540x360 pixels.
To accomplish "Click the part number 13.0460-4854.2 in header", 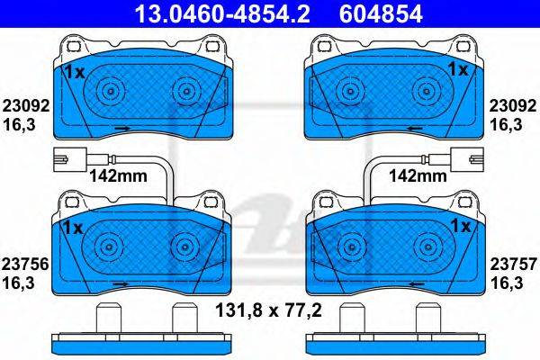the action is [x=222, y=13].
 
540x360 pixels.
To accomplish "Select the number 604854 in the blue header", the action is [x=381, y=13].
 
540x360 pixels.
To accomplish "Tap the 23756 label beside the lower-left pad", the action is [x=25, y=265].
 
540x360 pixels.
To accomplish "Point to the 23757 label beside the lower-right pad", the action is [x=514, y=265].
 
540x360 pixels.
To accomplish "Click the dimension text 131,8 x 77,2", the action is [x=268, y=310].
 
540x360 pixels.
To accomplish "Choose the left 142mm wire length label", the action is [x=119, y=176].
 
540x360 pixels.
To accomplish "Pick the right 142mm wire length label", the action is [x=418, y=176].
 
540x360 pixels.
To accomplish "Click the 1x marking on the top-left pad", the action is [x=75, y=73].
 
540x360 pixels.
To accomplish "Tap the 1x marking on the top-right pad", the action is [x=458, y=70].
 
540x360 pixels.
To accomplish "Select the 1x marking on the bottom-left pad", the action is [x=74, y=228].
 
